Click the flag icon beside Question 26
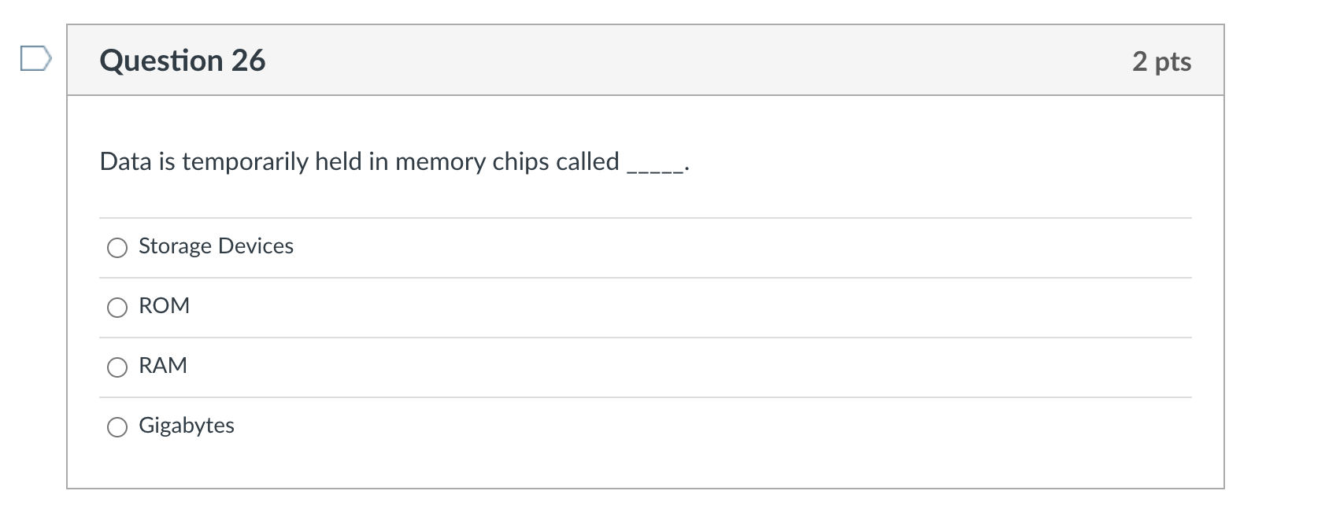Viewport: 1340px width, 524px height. pyautogui.click(x=36, y=59)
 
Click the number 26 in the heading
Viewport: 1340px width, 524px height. pyautogui.click(x=248, y=61)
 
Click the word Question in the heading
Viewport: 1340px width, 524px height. pyautogui.click(x=161, y=61)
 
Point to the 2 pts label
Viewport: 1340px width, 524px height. pyautogui.click(x=1161, y=61)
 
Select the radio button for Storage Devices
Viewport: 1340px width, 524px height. pyautogui.click(x=117, y=248)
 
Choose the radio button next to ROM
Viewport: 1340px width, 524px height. pyautogui.click(x=117, y=308)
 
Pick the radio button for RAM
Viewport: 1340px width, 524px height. pyautogui.click(x=117, y=367)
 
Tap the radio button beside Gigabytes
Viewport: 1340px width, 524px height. pyautogui.click(x=117, y=427)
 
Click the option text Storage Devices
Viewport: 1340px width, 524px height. pyautogui.click(x=216, y=246)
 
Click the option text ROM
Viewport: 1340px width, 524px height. pyautogui.click(x=164, y=306)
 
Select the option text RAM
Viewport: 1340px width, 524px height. pyautogui.click(x=163, y=366)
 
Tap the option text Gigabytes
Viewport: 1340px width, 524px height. pyautogui.click(x=187, y=426)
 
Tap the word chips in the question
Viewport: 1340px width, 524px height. pyautogui.click(x=520, y=162)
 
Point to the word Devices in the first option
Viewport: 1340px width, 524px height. pyautogui.click(x=255, y=246)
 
